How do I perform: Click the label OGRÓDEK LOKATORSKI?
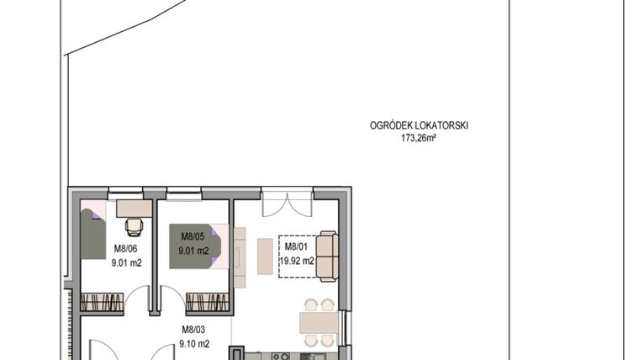coord(419,125)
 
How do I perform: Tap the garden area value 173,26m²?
coord(419,137)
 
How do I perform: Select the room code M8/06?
coord(127,249)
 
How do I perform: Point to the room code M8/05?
coord(187,237)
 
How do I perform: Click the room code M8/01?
coord(297,246)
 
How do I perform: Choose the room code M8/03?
coord(194,331)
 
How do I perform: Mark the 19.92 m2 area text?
coord(298,260)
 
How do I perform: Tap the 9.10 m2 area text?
coord(194,343)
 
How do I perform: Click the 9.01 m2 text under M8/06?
coord(127,262)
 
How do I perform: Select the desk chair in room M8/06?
coord(133,226)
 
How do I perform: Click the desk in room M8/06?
coord(134,208)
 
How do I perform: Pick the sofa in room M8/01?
coord(327,257)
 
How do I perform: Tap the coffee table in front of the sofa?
coord(265,257)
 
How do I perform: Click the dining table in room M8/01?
coord(319,322)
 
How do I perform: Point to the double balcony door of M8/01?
coord(285,204)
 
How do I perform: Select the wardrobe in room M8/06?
coord(102,302)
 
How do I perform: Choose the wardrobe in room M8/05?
coord(208,302)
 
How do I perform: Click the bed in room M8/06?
coord(92,235)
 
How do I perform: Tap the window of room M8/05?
coord(182,196)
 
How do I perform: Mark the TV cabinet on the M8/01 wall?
coord(240,257)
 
